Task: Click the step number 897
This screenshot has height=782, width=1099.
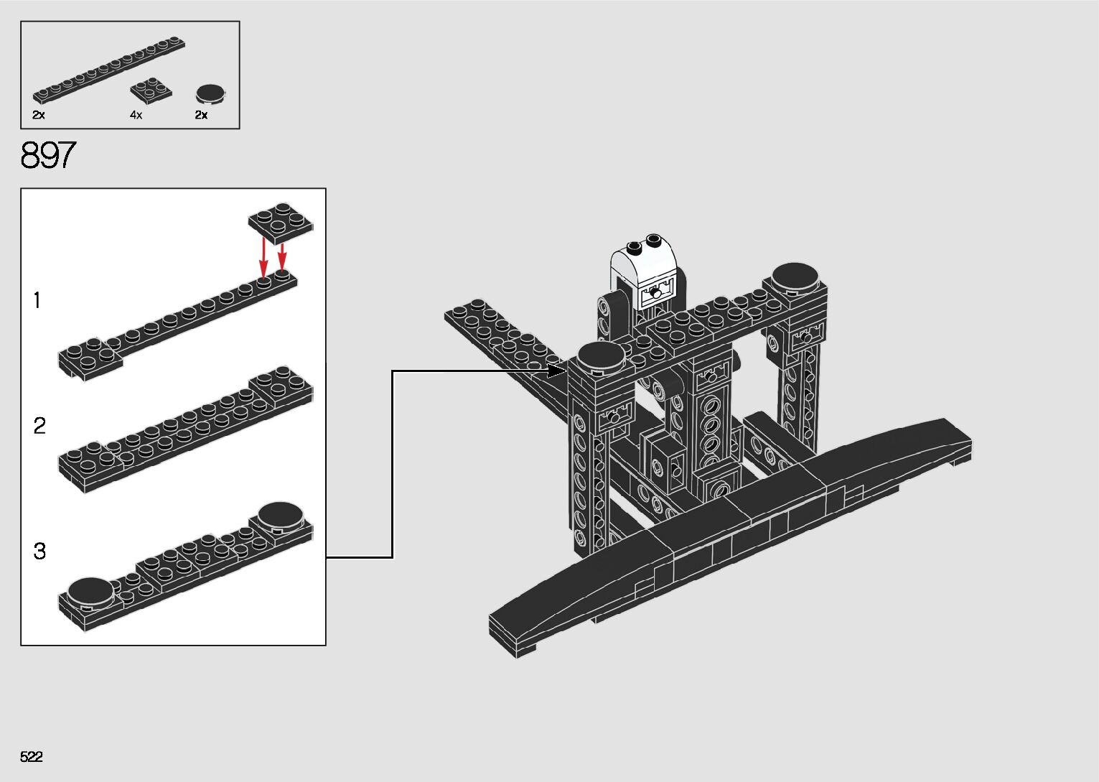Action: click(x=48, y=155)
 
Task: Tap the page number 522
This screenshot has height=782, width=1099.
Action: click(x=32, y=757)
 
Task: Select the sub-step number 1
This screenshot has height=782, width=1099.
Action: click(x=37, y=300)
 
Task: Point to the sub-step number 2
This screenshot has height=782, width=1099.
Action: click(x=39, y=426)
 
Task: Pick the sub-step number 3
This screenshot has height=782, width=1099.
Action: click(x=39, y=551)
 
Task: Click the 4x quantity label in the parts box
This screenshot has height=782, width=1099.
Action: click(x=136, y=115)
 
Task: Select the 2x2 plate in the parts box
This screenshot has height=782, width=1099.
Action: click(x=151, y=89)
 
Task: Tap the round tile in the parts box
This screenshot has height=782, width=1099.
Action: click(x=210, y=93)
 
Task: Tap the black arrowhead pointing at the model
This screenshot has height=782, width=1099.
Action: click(x=557, y=371)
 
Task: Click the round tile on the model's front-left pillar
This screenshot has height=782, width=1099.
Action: click(x=600, y=355)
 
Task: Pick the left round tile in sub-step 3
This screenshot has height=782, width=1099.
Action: click(x=90, y=590)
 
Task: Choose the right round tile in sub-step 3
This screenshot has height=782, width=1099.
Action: click(x=281, y=516)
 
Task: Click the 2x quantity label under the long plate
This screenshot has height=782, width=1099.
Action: click(x=39, y=115)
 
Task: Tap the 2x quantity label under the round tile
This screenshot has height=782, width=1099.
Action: click(x=201, y=115)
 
